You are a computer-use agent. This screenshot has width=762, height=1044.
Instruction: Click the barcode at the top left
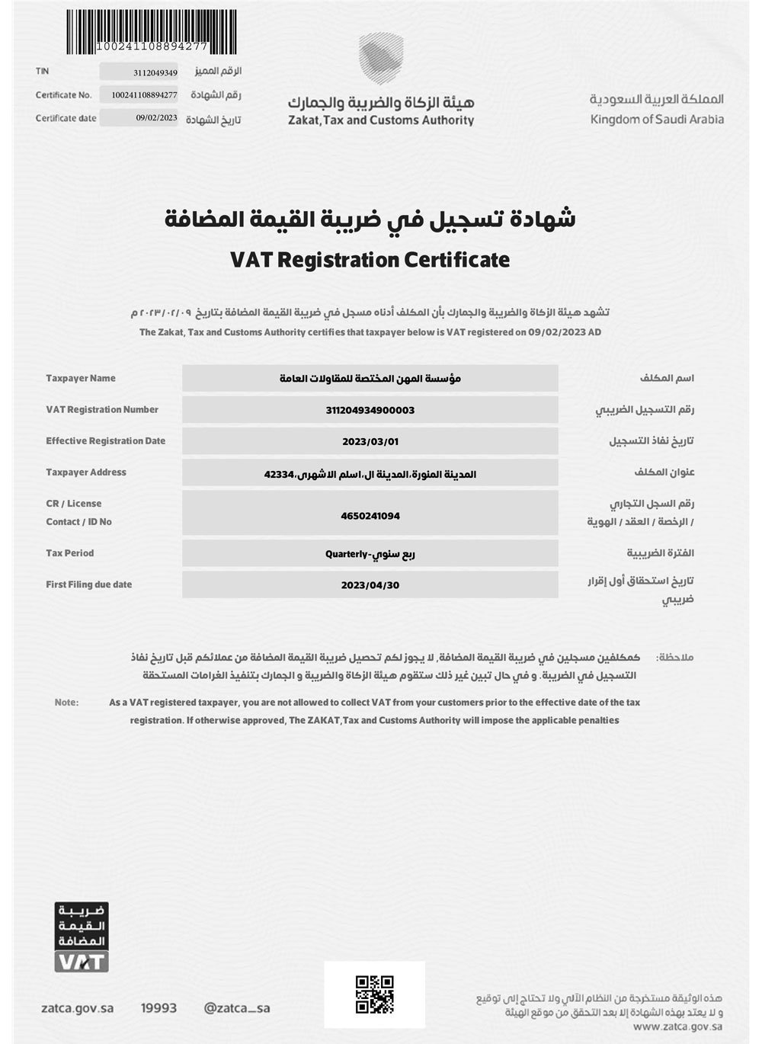click(x=136, y=27)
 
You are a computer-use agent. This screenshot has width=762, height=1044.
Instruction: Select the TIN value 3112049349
click(x=155, y=73)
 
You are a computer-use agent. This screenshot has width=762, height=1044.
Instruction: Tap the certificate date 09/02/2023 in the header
click(x=156, y=118)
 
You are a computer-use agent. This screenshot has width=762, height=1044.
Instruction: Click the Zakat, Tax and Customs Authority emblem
click(x=379, y=59)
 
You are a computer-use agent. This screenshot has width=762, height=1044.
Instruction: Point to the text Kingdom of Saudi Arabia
click(x=657, y=120)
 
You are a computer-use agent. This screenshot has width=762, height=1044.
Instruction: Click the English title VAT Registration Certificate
click(x=370, y=260)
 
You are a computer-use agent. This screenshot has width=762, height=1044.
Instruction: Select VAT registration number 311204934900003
click(x=370, y=410)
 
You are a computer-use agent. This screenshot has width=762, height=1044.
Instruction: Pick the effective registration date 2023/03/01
click(x=370, y=441)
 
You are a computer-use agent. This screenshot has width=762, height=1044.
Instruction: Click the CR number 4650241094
click(x=370, y=516)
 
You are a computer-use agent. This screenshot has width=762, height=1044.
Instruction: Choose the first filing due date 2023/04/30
click(x=370, y=585)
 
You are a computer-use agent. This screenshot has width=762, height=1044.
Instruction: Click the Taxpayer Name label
click(x=81, y=379)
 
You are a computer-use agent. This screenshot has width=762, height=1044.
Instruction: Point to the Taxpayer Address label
click(x=86, y=472)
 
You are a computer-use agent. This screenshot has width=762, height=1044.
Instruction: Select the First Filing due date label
click(x=88, y=584)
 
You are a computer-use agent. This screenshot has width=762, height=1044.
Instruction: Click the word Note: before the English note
click(x=66, y=703)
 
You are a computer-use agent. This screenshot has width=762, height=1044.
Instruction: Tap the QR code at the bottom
click(x=375, y=994)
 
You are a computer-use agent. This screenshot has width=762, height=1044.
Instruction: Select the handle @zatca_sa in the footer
click(x=237, y=1008)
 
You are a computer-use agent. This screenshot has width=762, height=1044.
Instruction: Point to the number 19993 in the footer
click(x=158, y=1008)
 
